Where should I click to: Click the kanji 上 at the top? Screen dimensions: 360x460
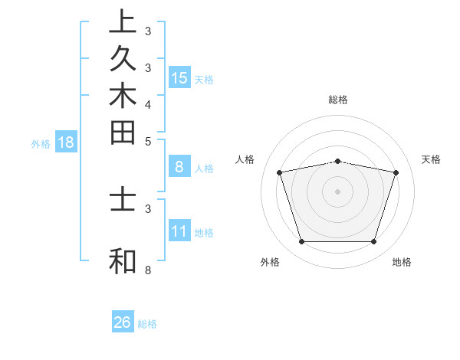[123, 21]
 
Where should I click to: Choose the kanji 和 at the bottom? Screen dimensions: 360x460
[123, 260]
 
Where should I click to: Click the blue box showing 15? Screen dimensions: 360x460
[179, 77]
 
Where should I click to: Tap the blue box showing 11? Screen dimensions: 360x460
[179, 231]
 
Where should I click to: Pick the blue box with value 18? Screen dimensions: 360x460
[66, 142]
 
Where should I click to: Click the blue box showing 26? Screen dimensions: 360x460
[123, 322]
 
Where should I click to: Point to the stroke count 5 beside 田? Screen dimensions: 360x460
[148, 141]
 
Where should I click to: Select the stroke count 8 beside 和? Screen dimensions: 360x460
[148, 270]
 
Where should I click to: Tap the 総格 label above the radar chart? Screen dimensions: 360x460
[338, 100]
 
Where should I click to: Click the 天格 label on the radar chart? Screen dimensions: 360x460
[432, 159]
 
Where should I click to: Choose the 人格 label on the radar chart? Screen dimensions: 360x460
[245, 159]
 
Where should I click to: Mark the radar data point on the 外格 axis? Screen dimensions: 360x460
[301, 242]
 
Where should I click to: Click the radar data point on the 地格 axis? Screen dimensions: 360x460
[373, 242]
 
